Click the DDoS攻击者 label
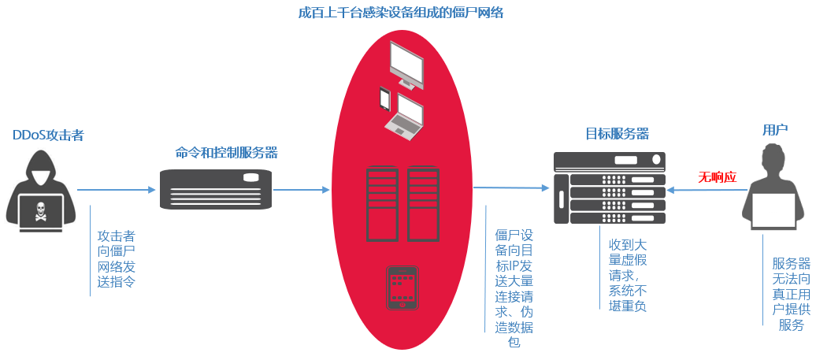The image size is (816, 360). (48, 135)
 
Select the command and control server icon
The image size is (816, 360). (216, 190)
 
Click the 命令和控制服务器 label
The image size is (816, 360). (226, 152)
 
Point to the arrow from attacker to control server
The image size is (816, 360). (116, 190)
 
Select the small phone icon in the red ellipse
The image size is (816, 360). (385, 99)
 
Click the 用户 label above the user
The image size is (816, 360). (775, 130)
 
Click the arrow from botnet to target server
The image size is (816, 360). (511, 188)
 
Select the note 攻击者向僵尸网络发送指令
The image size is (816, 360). (116, 258)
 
